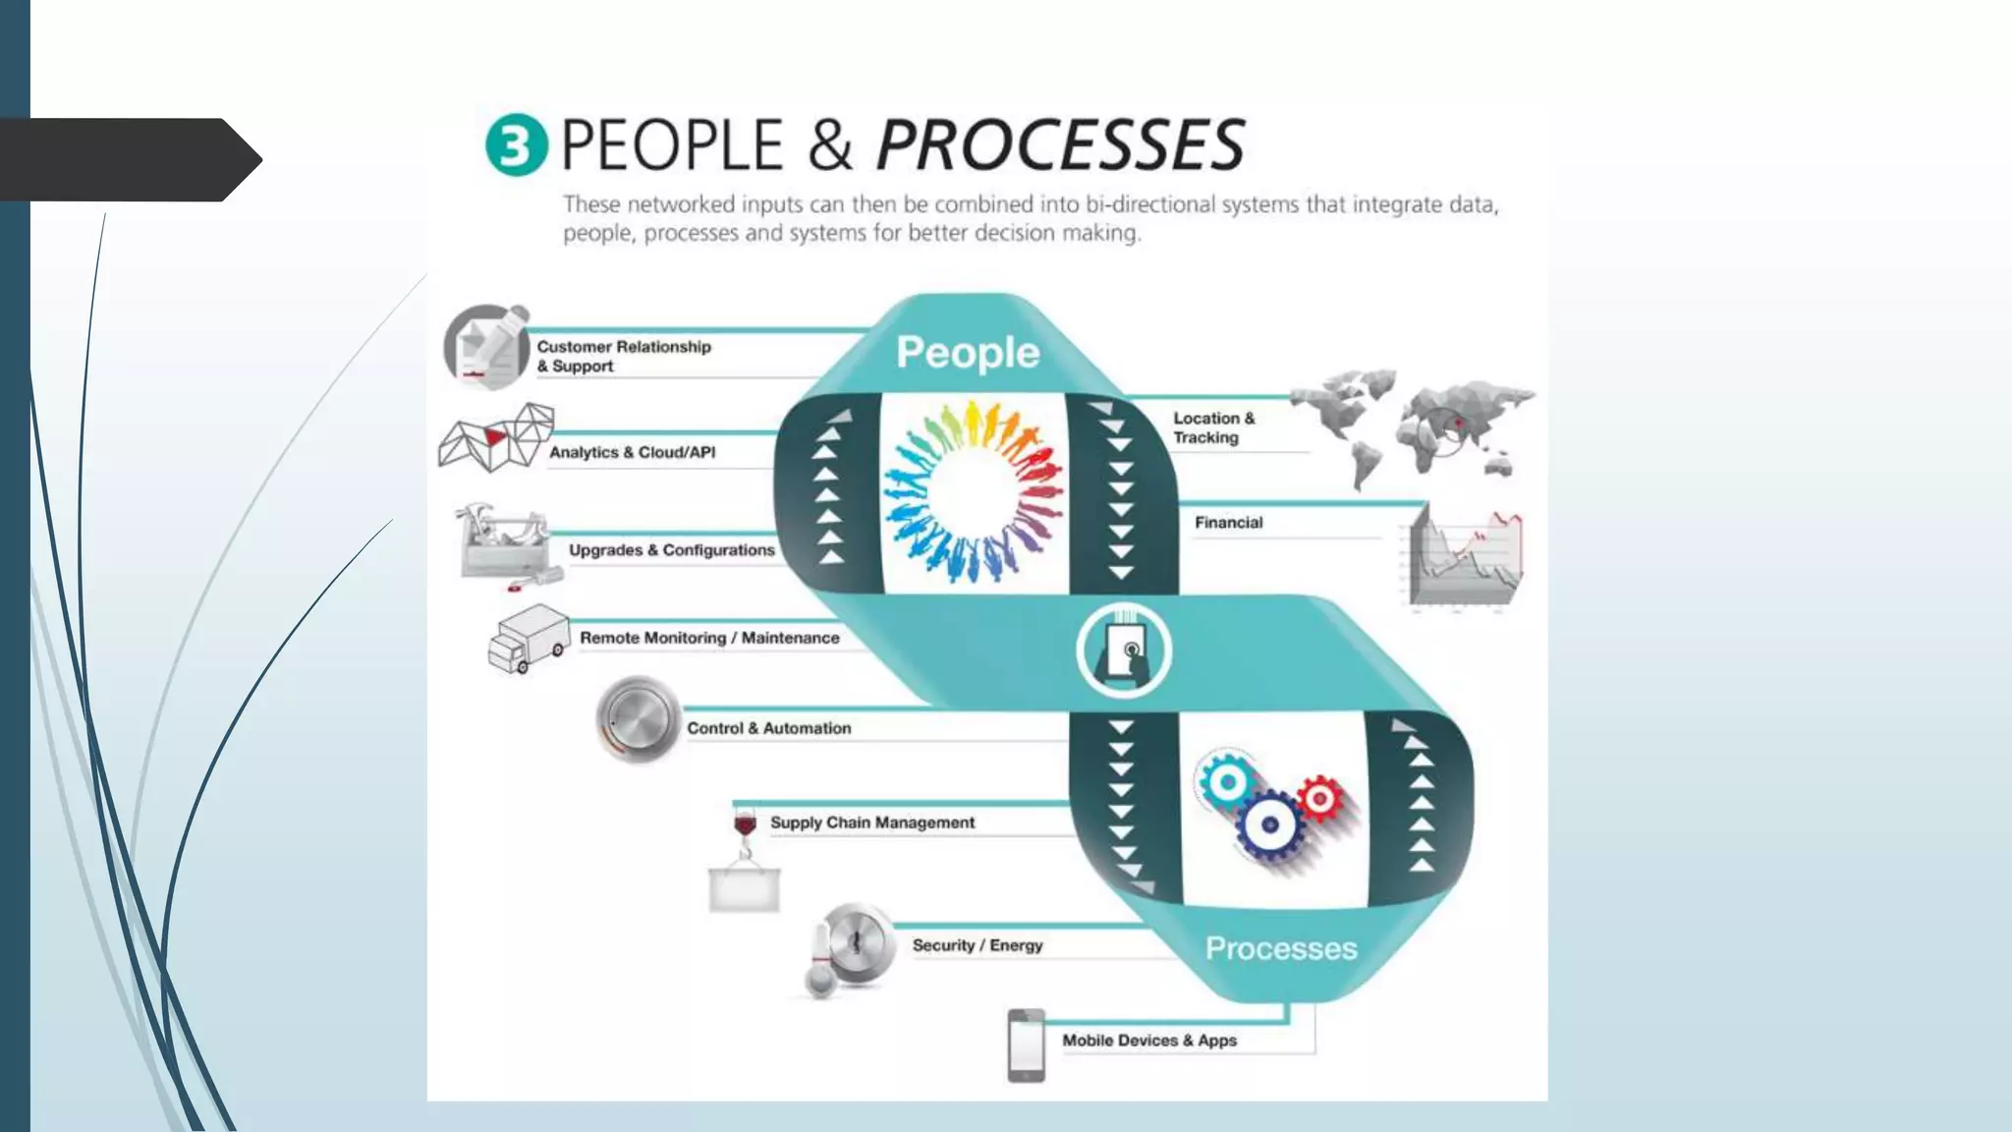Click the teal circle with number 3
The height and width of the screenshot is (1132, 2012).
516,145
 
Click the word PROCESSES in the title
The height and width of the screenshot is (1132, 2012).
1060,145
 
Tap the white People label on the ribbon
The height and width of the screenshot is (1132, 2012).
968,353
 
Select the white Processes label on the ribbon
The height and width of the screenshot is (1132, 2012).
1281,948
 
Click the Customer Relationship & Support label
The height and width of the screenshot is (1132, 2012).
623,356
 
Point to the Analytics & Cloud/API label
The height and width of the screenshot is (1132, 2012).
632,452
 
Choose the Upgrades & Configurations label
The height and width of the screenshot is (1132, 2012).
671,550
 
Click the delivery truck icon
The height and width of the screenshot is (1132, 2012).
529,639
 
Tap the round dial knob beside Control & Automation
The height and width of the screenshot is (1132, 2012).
638,720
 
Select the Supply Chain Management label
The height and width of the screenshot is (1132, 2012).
871,822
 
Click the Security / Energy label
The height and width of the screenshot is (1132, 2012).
977,945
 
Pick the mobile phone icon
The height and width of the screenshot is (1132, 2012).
1026,1046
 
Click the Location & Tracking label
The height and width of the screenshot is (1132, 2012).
1213,427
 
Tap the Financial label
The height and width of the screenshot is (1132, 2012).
1228,523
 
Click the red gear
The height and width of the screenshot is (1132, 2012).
1319,798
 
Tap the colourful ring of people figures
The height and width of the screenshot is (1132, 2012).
973,490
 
